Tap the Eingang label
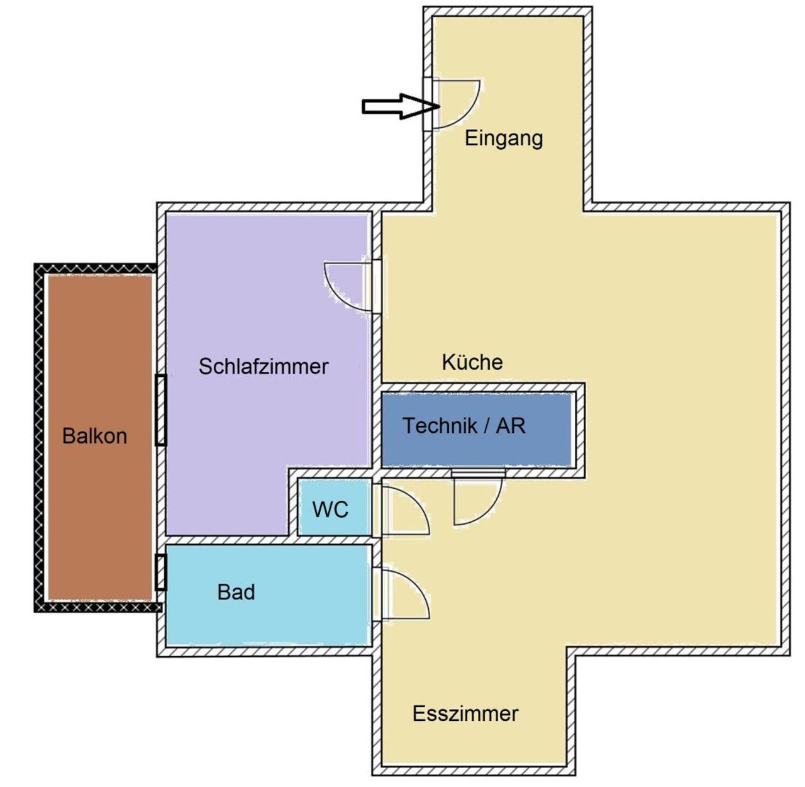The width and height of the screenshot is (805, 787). tap(503, 138)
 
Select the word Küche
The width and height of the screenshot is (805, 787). tap(472, 362)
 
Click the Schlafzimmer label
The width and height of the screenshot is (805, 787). tap(264, 366)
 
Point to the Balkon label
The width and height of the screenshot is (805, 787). tap(94, 436)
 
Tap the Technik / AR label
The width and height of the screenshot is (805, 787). tap(464, 426)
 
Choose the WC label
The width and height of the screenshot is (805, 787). tap(330, 509)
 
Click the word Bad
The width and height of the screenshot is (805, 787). tap(236, 592)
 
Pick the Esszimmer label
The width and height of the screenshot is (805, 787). tap(465, 713)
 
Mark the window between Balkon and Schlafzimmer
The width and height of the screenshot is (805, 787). tap(161, 410)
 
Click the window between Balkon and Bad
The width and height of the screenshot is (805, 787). tap(161, 572)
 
